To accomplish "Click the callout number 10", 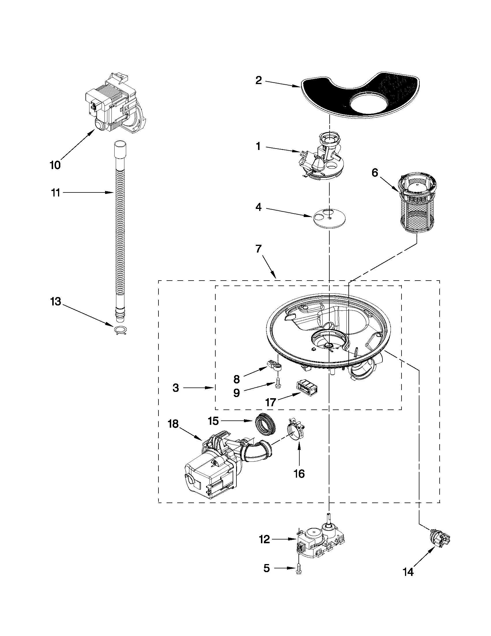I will tap(55, 165).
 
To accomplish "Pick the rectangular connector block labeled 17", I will tap(307, 388).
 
